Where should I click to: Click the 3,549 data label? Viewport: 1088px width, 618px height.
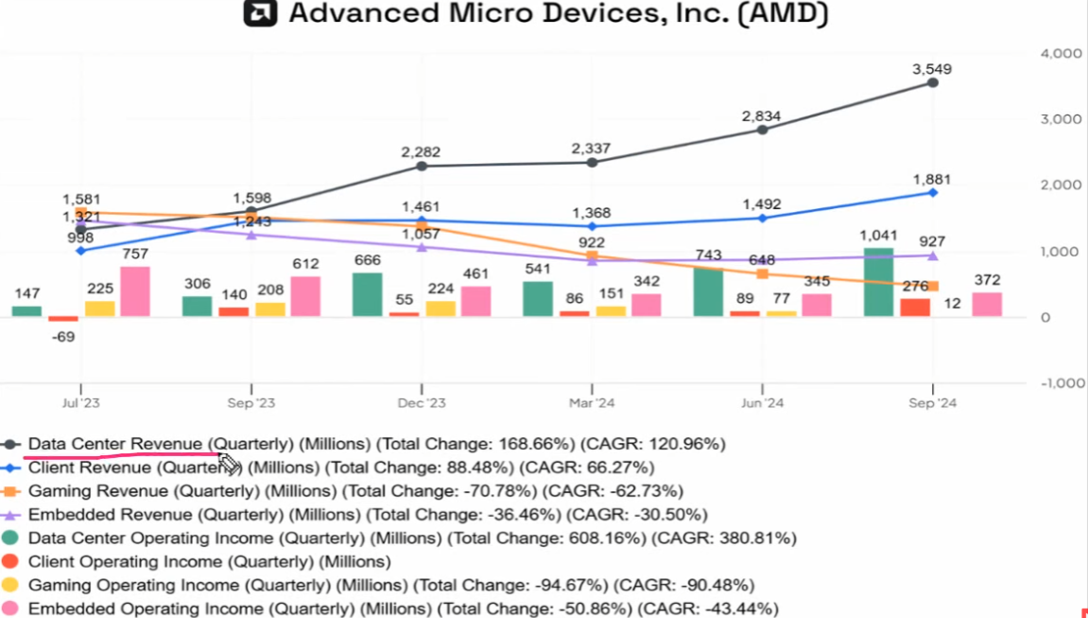931,68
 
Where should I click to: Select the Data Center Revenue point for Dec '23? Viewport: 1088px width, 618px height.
422,167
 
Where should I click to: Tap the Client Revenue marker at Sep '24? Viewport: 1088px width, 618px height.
933,193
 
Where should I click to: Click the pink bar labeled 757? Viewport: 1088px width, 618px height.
134,291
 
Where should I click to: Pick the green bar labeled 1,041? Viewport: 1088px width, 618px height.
878,282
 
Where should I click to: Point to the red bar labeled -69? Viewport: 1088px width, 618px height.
63,319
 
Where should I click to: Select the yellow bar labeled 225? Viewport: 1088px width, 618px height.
99,309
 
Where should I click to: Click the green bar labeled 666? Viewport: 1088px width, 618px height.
367,294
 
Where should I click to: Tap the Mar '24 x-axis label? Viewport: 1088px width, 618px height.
592,403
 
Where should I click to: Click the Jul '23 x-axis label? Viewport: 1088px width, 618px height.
80,403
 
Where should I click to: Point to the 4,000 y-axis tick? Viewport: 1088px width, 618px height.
1060,54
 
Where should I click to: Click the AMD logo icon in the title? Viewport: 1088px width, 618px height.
260,14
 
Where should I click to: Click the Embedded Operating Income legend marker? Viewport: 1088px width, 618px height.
11,608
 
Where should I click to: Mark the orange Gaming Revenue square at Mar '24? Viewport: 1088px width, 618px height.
592,256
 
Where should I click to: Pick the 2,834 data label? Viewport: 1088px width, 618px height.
761,115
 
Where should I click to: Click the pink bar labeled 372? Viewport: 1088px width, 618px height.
987,304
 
